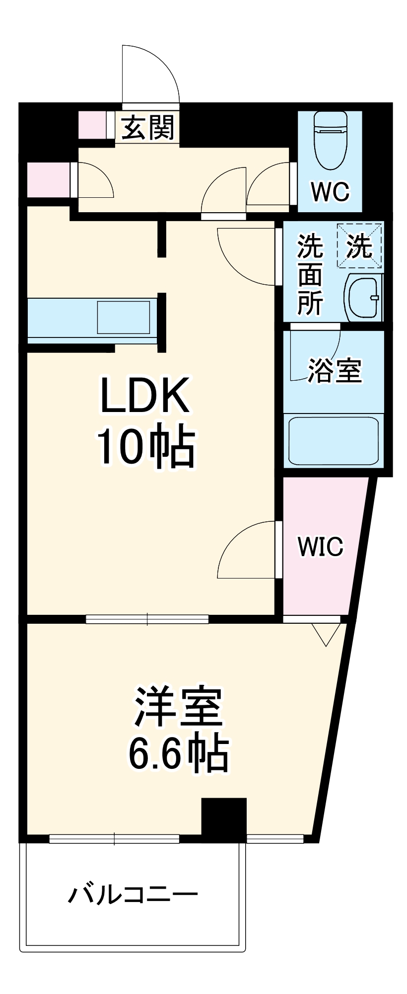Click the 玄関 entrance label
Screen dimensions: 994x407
(148, 128)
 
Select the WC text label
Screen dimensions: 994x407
(330, 191)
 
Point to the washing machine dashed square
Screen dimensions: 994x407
(360, 246)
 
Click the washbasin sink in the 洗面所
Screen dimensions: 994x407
(364, 297)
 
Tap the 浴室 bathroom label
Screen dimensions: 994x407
(335, 370)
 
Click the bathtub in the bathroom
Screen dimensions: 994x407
(334, 441)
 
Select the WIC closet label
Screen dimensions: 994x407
(320, 547)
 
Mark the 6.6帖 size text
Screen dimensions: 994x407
(178, 753)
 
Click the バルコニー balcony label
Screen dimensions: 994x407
(133, 895)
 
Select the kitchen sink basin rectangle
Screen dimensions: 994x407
(123, 317)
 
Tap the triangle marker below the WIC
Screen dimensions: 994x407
(326, 634)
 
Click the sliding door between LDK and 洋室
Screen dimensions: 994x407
(147, 619)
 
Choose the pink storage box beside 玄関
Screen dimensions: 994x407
(92, 125)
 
